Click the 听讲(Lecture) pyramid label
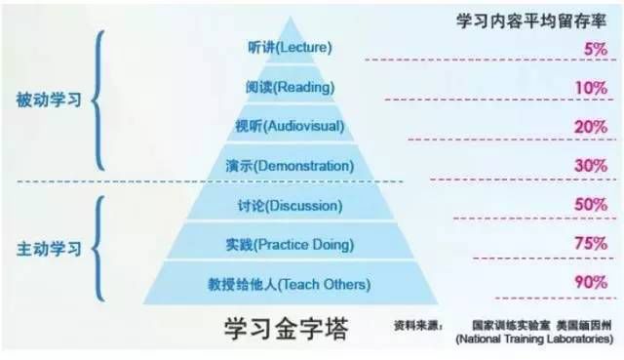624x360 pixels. click(x=291, y=47)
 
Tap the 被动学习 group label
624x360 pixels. click(x=48, y=100)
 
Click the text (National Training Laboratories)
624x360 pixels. click(x=533, y=339)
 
